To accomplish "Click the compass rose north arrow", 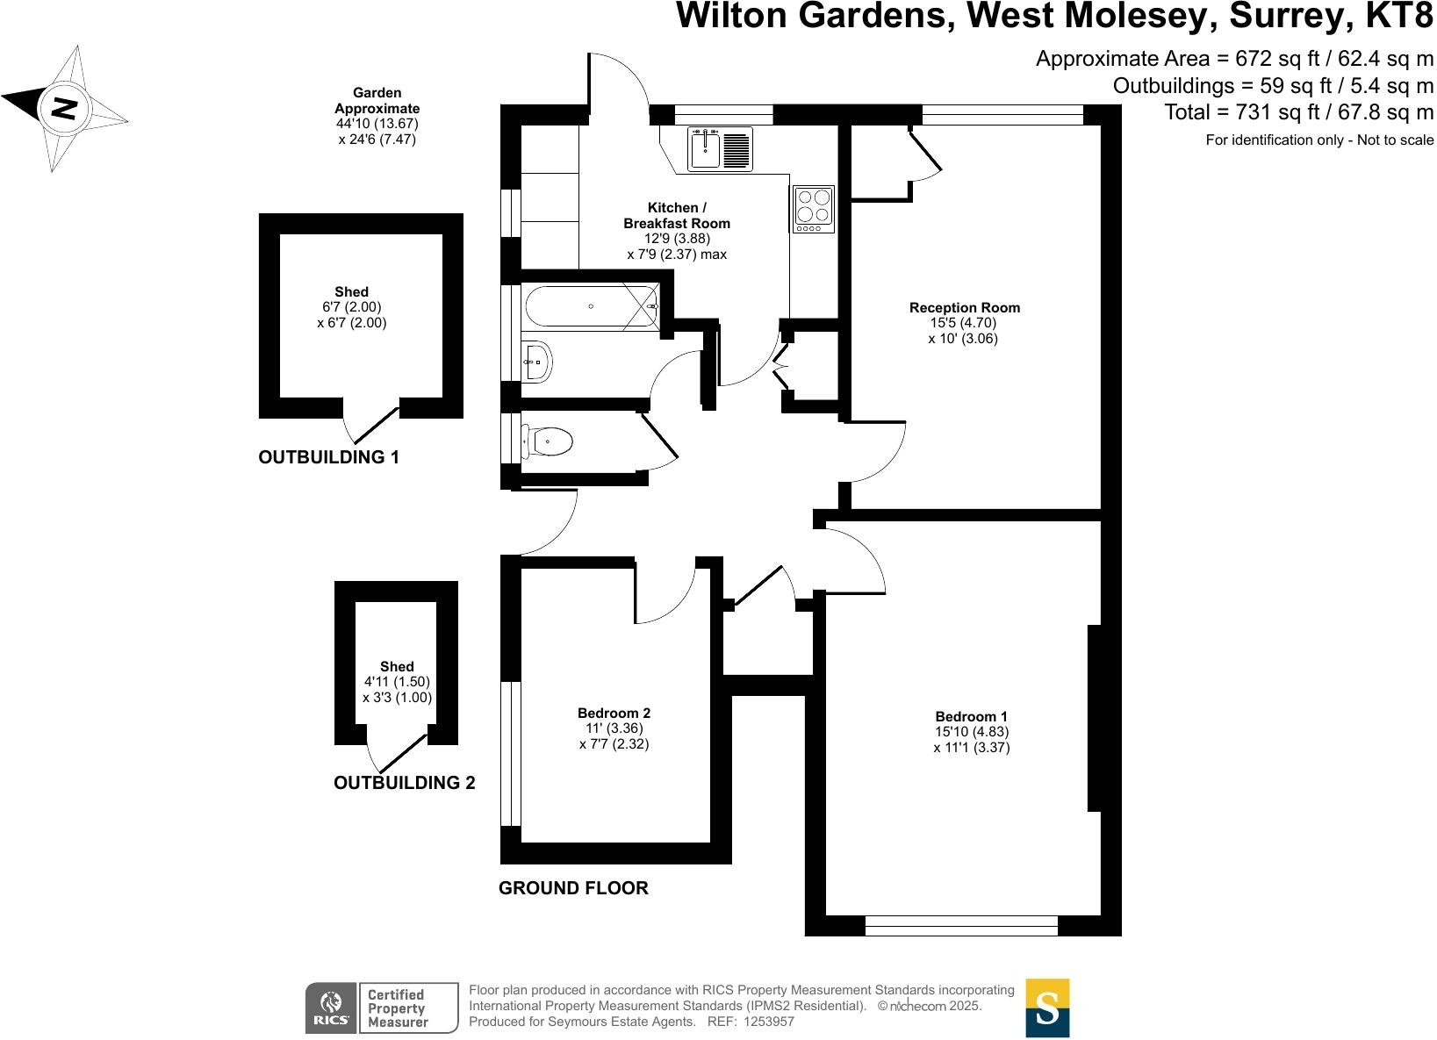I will pos(64,108).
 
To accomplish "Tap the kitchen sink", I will pos(719,148).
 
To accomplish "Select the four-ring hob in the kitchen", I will pos(813,209).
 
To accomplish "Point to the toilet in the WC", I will pos(550,441).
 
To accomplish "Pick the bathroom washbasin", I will pos(536,362).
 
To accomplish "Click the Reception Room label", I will pos(964,307).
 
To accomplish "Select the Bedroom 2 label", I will pos(614,713).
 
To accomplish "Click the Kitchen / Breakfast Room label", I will pos(677,216).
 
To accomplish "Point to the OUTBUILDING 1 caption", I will pos(328,457).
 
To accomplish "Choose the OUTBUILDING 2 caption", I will pos(404,783).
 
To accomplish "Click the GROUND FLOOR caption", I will pos(573,888).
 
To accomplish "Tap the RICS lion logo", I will pos(331,1008).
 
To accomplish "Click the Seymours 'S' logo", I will pos(1047,1008).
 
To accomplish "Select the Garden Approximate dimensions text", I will pos(377,116).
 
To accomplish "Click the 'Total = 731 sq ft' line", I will pos(1298,112).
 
